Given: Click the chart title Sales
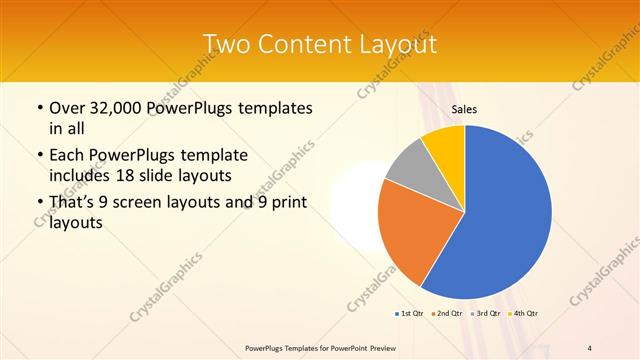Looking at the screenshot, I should (464, 109).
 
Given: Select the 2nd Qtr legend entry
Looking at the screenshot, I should (447, 314).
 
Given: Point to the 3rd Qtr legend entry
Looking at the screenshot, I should (485, 314).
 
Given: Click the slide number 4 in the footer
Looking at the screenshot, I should (590, 348).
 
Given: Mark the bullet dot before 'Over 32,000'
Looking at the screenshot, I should (38, 108).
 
